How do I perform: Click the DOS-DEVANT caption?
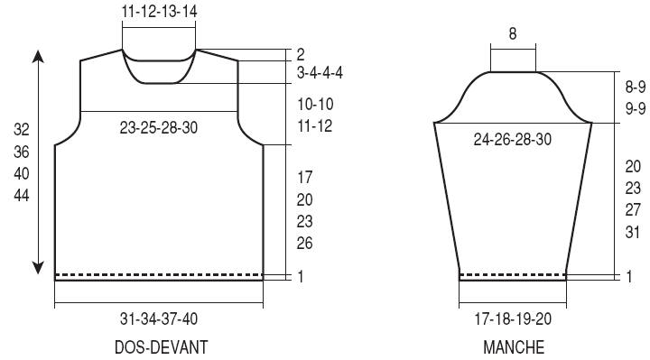(162, 347)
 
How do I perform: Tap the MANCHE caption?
(514, 347)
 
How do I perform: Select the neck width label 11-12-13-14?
(159, 11)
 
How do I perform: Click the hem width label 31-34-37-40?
(159, 319)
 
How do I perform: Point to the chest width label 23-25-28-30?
(159, 127)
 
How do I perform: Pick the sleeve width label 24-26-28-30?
(513, 139)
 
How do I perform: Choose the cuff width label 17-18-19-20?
(513, 319)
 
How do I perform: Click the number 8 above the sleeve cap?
(513, 33)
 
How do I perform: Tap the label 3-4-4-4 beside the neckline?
(320, 73)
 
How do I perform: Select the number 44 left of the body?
(22, 195)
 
